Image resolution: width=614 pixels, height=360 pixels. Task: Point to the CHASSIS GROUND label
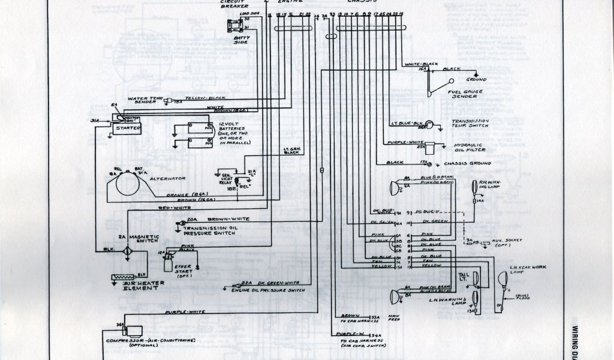click(x=473, y=163)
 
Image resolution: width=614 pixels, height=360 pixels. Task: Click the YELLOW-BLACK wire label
click(x=204, y=98)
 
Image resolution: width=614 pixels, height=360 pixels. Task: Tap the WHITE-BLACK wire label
click(x=421, y=64)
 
